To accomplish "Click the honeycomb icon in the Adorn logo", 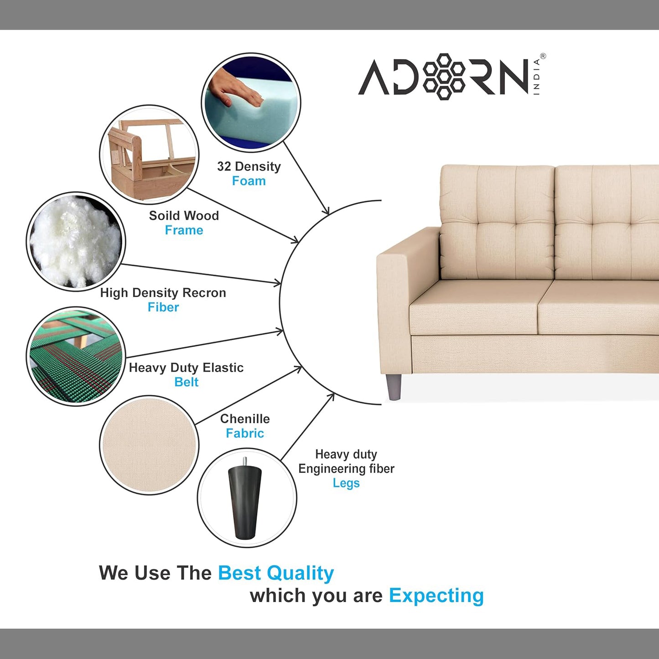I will point(444,76).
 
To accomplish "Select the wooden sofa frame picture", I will point(149,155).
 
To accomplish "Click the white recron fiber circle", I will point(76,241).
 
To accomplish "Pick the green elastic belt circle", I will point(76,356).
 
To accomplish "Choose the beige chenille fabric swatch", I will point(149,445).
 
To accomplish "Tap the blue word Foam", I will point(249,181).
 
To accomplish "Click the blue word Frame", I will point(184,230).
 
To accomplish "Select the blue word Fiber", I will point(163,307).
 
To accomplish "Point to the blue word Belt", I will point(186,382).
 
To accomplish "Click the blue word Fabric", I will point(245,433).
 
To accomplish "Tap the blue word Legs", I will point(346,483).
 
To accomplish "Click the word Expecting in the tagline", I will point(436,596).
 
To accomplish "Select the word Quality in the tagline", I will point(301,573).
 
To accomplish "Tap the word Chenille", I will point(245,419).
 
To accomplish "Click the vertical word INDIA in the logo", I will point(537,77).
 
